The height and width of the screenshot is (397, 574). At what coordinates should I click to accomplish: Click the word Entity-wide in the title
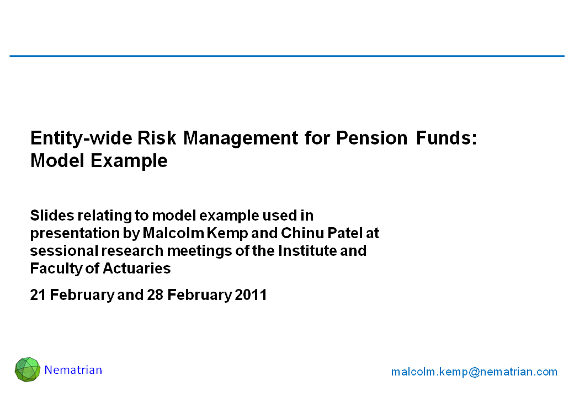(81, 138)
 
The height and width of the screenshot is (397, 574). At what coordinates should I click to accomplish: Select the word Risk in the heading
(157, 138)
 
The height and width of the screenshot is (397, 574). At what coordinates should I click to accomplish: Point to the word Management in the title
(241, 139)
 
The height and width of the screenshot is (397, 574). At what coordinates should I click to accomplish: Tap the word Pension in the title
(371, 138)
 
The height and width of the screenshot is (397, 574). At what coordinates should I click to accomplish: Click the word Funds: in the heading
(447, 138)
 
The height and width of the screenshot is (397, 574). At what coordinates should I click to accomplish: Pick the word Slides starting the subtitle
(52, 215)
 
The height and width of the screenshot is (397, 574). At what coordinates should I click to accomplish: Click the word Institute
(307, 251)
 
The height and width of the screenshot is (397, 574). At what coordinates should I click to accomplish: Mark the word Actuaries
(136, 269)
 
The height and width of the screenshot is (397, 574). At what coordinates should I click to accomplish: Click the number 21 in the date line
(38, 294)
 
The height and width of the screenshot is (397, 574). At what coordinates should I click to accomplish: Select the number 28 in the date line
(155, 294)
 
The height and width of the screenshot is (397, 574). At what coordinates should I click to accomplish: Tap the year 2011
(251, 294)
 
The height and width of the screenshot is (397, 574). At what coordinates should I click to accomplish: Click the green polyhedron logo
(28, 369)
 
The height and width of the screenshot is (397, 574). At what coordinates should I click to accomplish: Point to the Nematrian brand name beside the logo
(73, 370)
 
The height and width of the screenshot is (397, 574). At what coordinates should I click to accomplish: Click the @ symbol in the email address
(474, 372)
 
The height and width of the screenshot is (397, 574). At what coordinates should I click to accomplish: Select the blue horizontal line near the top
(287, 56)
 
